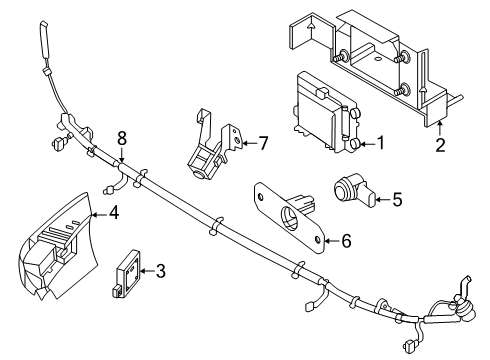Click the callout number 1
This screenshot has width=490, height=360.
[x=380, y=143]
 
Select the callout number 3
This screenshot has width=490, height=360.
[x=160, y=269]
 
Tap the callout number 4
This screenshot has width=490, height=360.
[x=114, y=212]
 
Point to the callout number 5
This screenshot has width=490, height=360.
[x=397, y=199]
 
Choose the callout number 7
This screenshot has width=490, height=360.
[x=263, y=143]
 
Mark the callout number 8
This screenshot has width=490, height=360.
[x=122, y=137]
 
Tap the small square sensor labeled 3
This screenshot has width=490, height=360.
[x=128, y=268]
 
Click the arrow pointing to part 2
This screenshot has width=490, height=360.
[x=441, y=130]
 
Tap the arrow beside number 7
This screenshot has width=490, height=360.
[x=247, y=143]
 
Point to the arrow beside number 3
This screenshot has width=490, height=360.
[x=145, y=269]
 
